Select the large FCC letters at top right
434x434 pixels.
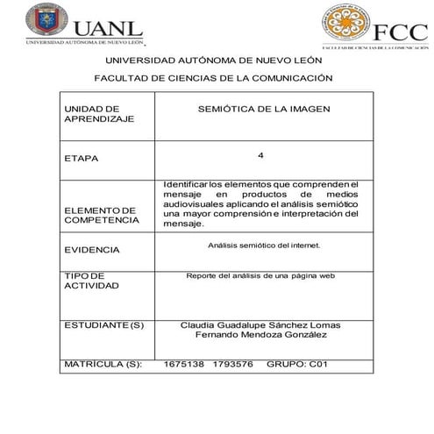[399, 32]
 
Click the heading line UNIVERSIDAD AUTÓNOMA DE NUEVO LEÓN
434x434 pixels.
[214, 60]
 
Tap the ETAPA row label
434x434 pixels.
[82, 159]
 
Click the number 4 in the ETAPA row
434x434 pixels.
[260, 155]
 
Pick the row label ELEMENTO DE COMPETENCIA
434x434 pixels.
[101, 216]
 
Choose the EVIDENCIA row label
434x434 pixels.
[91, 250]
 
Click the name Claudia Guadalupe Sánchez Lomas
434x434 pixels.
[260, 324]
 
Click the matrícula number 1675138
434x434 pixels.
[184, 363]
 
